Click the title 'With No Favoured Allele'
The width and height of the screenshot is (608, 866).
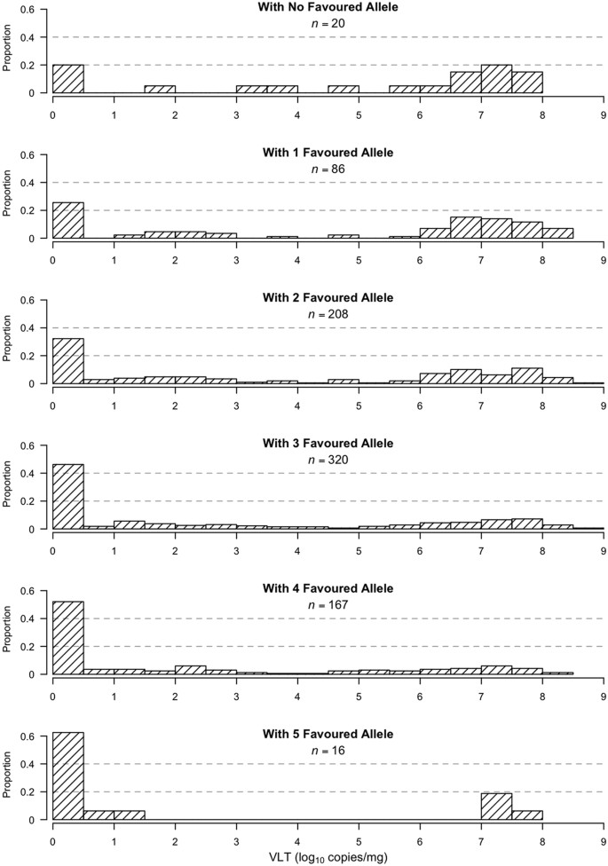coord(296,7)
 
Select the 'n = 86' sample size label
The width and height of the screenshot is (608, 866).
coord(296,168)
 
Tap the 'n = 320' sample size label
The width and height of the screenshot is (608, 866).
coord(296,459)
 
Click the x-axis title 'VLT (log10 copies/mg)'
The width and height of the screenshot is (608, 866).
coord(328,857)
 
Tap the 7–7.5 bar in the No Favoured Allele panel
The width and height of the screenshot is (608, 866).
coord(496,79)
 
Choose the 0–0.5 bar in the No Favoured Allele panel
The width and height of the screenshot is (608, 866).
coord(68,79)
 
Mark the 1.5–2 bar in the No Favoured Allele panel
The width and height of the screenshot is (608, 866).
coord(160,89)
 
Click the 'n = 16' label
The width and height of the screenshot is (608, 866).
coord(296,750)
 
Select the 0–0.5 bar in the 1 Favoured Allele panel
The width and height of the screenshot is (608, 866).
coord(68,221)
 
